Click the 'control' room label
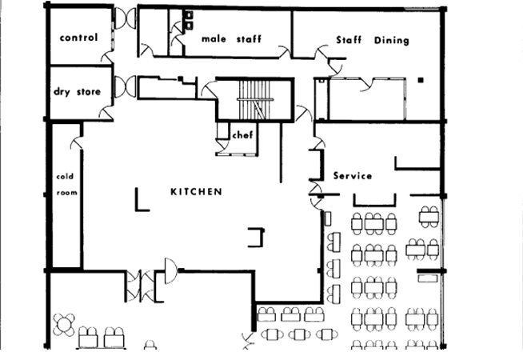pyautogui.click(x=78, y=38)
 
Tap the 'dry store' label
pyautogui.click(x=77, y=91)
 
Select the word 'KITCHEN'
pyautogui.click(x=196, y=191)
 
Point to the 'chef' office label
pyautogui.click(x=242, y=134)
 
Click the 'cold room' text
pyautogui.click(x=66, y=185)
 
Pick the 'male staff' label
pyautogui.click(x=231, y=39)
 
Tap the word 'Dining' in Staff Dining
pyautogui.click(x=392, y=40)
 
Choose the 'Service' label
pyautogui.click(x=353, y=175)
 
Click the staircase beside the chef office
pyautogui.click(x=255, y=99)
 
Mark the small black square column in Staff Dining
pyautogui.click(x=421, y=80)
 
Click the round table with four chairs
pyautogui.click(x=64, y=324)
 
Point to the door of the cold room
pyautogui.click(x=77, y=142)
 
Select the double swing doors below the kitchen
pyautogui.click(x=141, y=286)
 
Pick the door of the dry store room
pyautogui.click(x=106, y=114)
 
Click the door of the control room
pyautogui.click(x=108, y=58)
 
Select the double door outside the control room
pyautogui.click(x=125, y=18)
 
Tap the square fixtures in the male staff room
pyautogui.click(x=189, y=20)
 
